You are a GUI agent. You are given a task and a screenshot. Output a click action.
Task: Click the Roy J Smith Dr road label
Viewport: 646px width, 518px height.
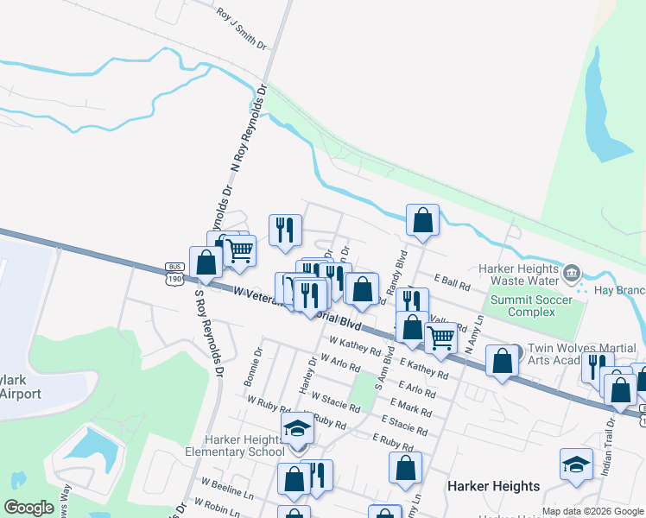(x=242, y=28)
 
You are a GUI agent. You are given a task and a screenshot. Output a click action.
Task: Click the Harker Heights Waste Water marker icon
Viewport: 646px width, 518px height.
(x=571, y=275)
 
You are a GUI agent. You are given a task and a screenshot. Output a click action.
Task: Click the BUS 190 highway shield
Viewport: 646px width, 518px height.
(x=175, y=273)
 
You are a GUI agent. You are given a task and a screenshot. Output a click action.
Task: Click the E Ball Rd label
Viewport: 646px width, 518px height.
(x=452, y=281)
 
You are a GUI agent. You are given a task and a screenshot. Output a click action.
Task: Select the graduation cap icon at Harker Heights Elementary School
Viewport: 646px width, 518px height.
(x=297, y=427)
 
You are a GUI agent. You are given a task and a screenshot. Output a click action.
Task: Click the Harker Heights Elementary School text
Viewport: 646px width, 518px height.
(x=235, y=445)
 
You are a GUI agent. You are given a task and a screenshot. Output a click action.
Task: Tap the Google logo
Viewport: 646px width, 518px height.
(x=29, y=508)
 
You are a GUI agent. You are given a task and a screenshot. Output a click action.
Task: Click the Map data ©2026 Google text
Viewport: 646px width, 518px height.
(x=592, y=511)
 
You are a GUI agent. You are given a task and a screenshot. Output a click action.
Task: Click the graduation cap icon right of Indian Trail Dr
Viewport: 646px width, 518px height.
(x=576, y=464)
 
